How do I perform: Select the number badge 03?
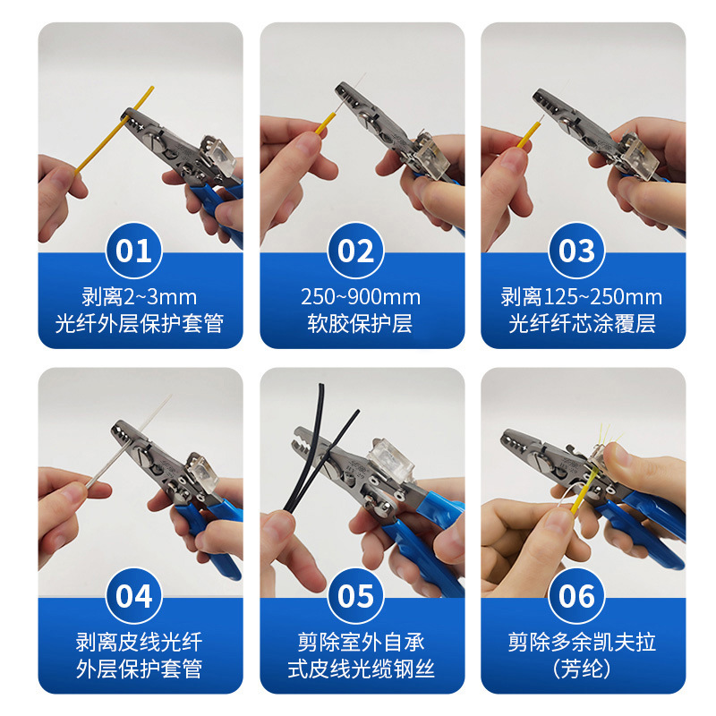click(x=577, y=251)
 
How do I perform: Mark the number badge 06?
click(x=577, y=595)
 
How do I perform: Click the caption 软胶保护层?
click(x=362, y=324)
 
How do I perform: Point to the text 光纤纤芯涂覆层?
click(x=582, y=324)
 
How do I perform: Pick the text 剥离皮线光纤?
click(x=140, y=642)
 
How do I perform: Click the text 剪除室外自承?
click(x=362, y=642)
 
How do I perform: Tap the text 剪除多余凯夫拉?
click(x=582, y=642)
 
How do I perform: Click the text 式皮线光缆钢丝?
click(x=362, y=669)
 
